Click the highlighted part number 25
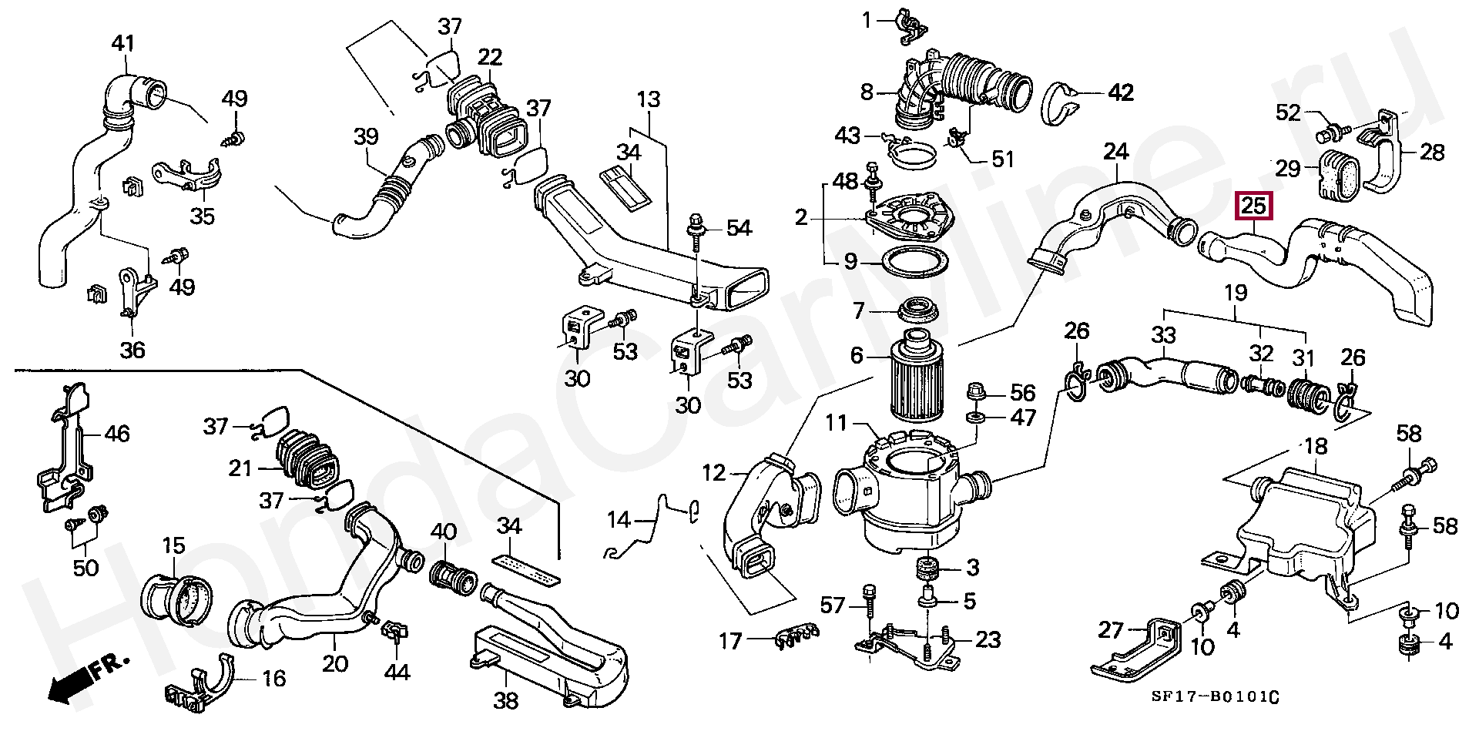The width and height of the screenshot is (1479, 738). (1254, 206)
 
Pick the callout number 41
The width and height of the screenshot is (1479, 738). (123, 43)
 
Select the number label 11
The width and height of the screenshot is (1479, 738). (837, 423)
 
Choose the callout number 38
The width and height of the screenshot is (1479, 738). (506, 700)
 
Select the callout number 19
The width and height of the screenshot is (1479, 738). (1235, 293)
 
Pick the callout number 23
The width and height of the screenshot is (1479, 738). (988, 639)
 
